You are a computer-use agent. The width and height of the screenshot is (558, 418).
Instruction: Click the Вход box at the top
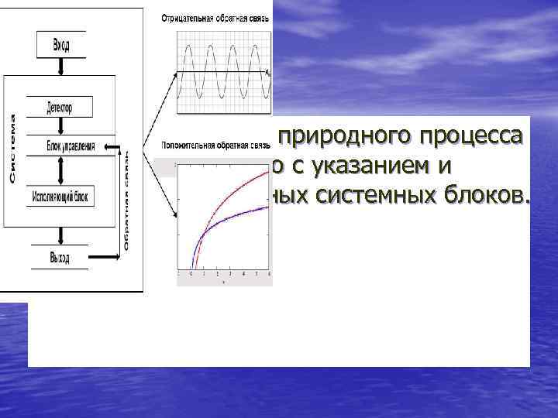click(x=60, y=45)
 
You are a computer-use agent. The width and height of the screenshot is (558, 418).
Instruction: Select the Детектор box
click(x=60, y=106)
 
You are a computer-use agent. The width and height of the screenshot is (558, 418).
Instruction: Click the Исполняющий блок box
click(x=60, y=197)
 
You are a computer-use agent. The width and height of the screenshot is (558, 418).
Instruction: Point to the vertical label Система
click(x=13, y=149)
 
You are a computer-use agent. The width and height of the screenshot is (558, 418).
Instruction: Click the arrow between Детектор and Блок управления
click(x=60, y=125)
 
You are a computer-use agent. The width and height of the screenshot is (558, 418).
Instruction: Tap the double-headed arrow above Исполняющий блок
click(x=60, y=170)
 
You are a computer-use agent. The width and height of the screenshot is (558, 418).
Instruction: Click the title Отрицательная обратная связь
click(x=215, y=19)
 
